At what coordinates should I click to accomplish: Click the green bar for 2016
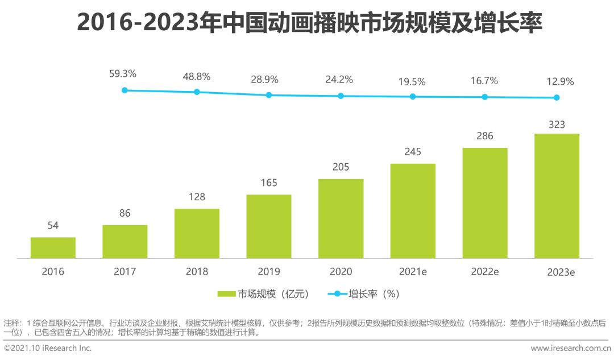(53, 248)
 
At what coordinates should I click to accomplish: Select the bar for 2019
(269, 226)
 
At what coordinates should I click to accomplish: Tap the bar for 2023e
(557, 196)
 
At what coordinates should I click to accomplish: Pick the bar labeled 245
(413, 211)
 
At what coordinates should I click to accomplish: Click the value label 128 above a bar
(197, 197)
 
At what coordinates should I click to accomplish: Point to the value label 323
(557, 123)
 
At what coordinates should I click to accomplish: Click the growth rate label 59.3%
(123, 74)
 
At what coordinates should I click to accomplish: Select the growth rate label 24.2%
(339, 80)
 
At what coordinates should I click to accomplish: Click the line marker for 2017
(125, 90)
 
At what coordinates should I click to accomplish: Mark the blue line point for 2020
(341, 96)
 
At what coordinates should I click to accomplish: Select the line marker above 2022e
(485, 97)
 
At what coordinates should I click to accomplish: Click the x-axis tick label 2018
(197, 272)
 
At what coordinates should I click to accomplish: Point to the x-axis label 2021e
(413, 272)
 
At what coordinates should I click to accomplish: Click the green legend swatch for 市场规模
(226, 294)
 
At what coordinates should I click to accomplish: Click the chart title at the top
(308, 24)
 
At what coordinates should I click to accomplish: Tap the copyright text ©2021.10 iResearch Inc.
(47, 348)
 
